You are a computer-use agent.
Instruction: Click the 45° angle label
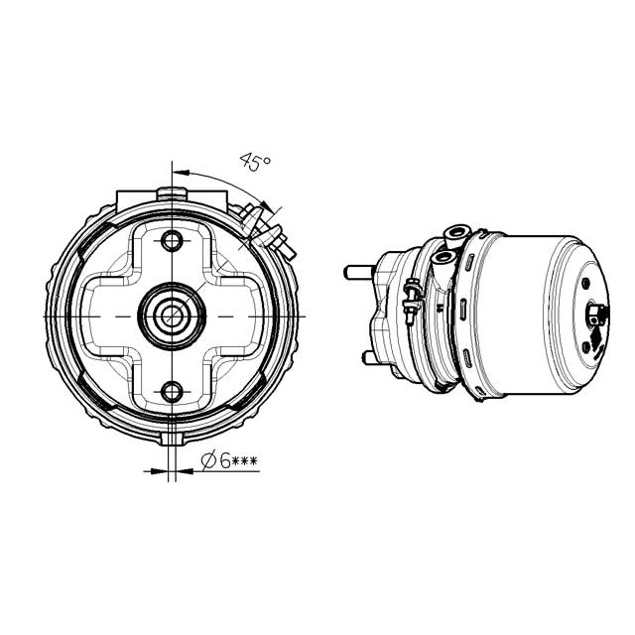[x=256, y=163]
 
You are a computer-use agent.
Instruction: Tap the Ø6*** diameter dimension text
[x=230, y=461]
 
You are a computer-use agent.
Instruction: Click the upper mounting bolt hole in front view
[x=174, y=240]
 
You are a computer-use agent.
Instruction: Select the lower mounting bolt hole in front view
[x=174, y=390]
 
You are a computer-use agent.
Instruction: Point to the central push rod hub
[x=174, y=315]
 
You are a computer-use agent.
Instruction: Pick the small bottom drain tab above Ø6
[x=175, y=437]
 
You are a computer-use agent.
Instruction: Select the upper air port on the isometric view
[x=454, y=236]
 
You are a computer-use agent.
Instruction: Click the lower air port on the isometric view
[x=441, y=261]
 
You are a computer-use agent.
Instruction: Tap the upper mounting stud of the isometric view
[x=357, y=269]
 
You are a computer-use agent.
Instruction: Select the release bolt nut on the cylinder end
[x=595, y=316]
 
